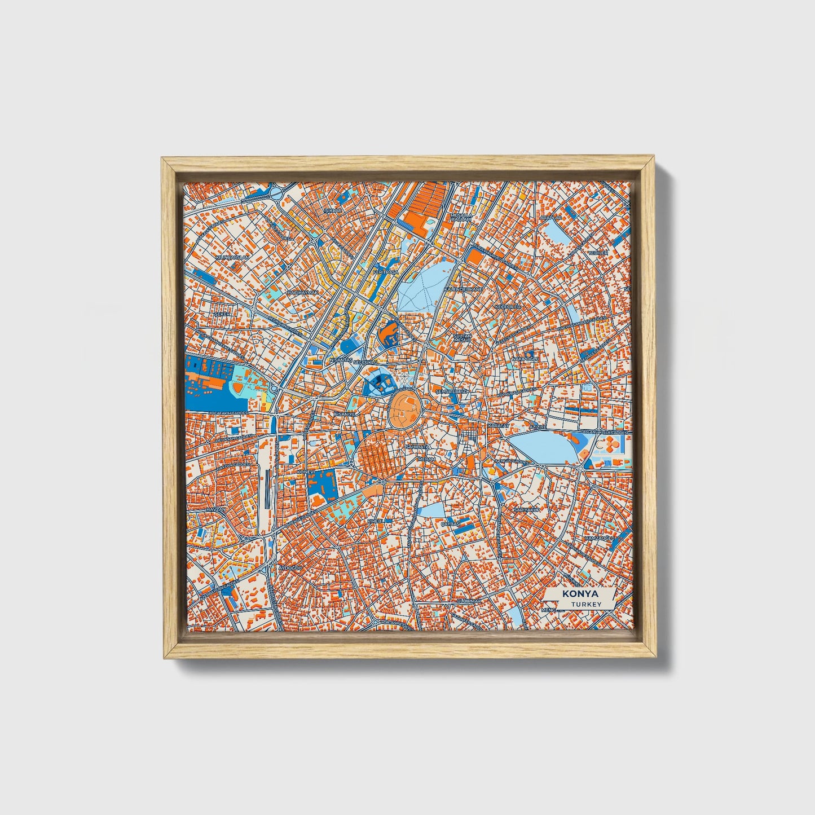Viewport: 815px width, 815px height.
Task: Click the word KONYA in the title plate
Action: point(579,594)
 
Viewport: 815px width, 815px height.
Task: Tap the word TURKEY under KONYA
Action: point(585,604)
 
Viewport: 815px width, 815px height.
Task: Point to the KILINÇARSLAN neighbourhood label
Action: point(232,257)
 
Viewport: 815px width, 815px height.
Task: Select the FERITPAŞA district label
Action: point(385,272)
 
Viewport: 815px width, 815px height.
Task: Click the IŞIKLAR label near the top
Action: point(333,210)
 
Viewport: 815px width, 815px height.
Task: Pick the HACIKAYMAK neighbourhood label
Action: point(303,293)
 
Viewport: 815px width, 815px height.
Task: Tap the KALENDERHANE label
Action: point(464,289)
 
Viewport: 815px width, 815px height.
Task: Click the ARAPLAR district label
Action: point(551,217)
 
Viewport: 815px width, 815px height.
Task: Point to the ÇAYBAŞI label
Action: point(451,524)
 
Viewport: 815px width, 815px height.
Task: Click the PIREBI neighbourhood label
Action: point(376,521)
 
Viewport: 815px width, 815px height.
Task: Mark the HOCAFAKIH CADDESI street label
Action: point(228,413)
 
